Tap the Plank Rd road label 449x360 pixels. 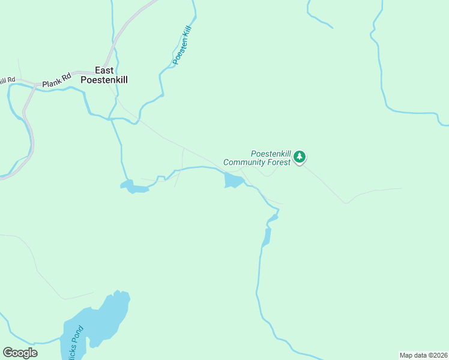coord(57,78)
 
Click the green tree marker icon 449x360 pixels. coord(300,157)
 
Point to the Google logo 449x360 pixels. coord(20,353)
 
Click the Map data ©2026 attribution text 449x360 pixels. coord(423,355)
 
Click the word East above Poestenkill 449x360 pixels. coord(104,70)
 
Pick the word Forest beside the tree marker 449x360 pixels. coord(279,162)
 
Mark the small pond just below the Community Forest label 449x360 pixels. coord(233,180)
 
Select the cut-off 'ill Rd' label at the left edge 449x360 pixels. coord(7,80)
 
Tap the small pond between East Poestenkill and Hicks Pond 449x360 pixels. coord(134,187)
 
